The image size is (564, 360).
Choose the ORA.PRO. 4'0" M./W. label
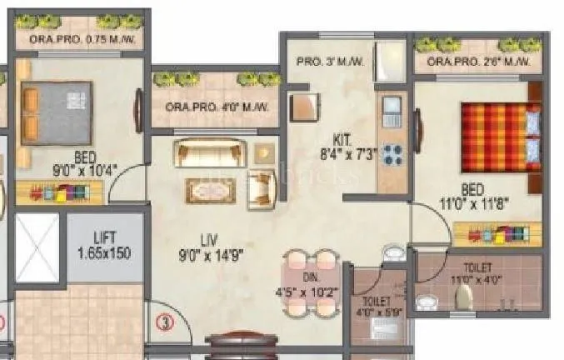click(217, 107)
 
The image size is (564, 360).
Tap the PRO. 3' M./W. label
click(329, 60)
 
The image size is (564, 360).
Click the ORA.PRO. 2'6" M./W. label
click(478, 62)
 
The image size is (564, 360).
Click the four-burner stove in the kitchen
click(392, 155)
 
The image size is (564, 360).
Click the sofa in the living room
click(210, 153)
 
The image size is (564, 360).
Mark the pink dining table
click(310, 283)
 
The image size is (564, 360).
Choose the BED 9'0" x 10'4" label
click(82, 163)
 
